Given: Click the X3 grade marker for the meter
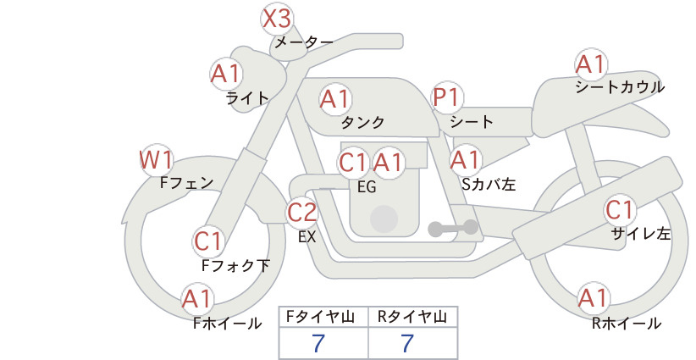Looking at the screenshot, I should point(278,18).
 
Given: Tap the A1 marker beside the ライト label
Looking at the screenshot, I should point(226,74).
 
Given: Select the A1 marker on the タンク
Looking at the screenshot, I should point(335,99).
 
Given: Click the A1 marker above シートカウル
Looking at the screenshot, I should point(590,64).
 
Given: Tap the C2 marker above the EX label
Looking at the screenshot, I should point(302,213).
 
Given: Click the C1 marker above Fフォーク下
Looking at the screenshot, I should point(207,241).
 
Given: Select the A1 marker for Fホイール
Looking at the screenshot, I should point(197,299).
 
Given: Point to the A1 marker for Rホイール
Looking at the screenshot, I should point(593,298).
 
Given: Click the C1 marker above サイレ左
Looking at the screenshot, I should point(619,209).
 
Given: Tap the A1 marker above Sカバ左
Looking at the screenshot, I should point(466,158).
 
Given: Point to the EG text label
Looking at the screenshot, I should point(367,187).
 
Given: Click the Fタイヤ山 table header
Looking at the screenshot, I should point(323,317).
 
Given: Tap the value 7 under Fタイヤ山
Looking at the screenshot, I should point(319,344).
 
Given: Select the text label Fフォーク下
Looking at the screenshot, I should point(235,265).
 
